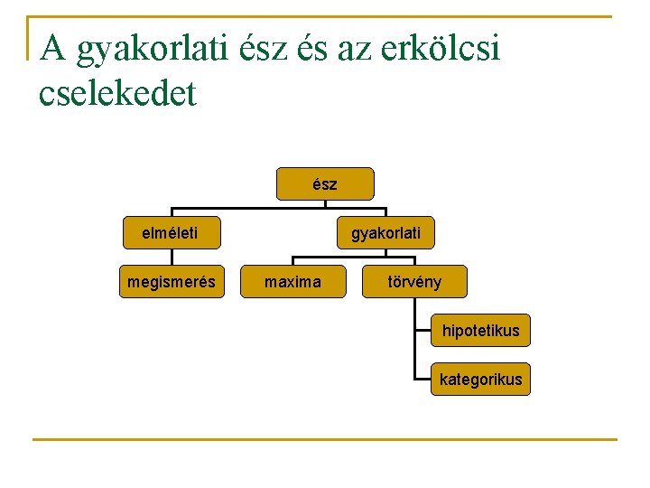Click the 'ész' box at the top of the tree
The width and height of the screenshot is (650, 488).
[325, 183]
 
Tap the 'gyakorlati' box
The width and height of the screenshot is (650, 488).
[385, 234]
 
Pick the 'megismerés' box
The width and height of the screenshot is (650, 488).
[172, 282]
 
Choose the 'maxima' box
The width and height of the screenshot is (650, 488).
[292, 282]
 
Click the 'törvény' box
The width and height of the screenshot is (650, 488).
[414, 282]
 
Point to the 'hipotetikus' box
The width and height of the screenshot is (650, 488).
[480, 331]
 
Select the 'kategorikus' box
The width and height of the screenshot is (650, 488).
[480, 379]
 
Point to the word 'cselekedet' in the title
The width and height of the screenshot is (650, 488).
[117, 93]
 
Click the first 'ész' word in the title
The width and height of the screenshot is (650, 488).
[267, 48]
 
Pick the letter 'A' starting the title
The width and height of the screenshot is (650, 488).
[53, 48]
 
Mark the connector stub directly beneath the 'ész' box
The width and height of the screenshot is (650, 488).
[325, 203]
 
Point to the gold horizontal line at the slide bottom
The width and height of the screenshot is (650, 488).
[325, 440]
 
